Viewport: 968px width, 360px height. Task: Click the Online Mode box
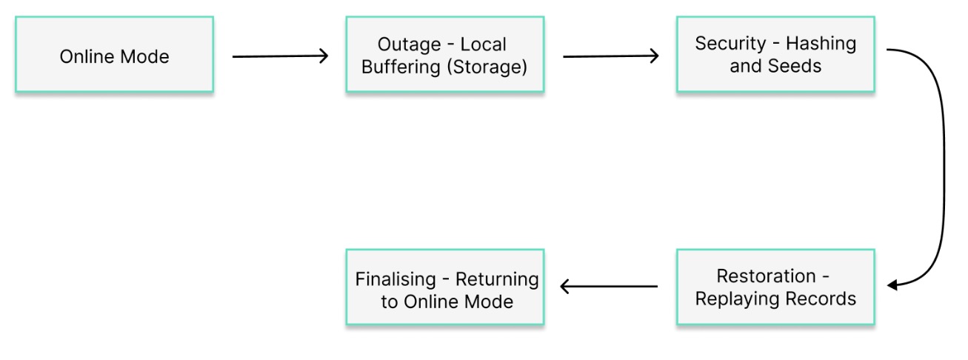[114, 56]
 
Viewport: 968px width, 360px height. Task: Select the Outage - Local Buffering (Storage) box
[444, 56]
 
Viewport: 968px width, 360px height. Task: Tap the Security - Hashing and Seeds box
[775, 56]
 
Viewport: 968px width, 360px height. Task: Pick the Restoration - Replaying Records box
[775, 287]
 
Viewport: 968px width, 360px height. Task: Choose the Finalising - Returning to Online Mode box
[444, 287]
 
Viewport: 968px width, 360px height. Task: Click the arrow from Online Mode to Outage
[280, 56]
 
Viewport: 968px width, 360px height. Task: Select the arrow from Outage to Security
[610, 56]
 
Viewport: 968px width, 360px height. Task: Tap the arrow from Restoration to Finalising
[609, 287]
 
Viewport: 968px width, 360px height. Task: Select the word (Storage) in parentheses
[490, 67]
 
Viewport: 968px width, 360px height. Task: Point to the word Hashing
[820, 44]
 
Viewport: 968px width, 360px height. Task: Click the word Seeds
[795, 67]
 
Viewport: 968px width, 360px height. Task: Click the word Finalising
[395, 279]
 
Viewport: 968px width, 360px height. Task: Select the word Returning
[497, 279]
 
